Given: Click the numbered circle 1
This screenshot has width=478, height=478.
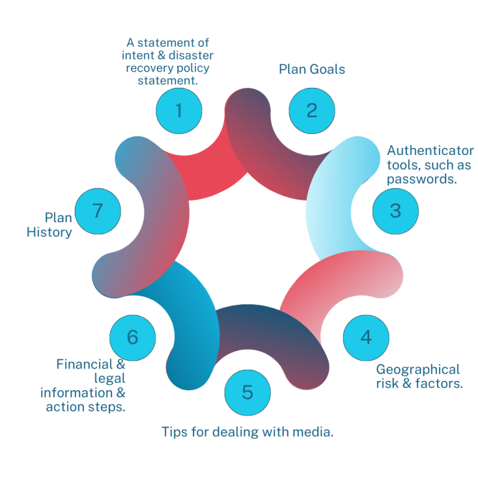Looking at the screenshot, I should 179,110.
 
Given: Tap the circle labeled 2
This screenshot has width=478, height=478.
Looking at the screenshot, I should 312,110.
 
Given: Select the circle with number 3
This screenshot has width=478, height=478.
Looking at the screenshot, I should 395,210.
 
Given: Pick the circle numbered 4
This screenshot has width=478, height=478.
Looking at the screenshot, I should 366,337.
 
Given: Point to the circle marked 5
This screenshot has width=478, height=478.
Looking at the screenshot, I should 248,393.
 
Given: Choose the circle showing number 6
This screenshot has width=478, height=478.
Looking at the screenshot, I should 133,337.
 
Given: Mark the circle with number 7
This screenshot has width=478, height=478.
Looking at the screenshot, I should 97,210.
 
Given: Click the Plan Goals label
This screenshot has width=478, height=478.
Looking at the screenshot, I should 312,69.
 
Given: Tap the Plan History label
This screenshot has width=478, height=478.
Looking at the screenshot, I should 50,225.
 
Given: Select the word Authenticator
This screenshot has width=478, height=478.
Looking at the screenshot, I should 430,151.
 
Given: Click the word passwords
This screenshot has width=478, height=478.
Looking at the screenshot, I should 422,179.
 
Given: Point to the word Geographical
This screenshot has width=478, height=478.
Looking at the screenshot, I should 418,370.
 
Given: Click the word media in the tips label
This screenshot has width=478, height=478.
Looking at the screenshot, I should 315,431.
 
